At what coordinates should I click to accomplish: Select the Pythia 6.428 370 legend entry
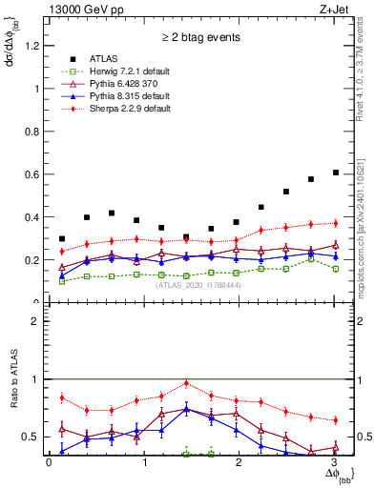coord(115,84)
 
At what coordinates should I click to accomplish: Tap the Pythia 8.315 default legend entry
coord(117,97)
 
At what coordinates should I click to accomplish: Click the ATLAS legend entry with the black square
coord(95,57)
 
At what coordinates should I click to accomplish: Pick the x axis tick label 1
coord(145,463)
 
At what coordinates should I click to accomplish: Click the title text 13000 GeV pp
coord(80,10)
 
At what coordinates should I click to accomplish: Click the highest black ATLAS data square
coord(335,173)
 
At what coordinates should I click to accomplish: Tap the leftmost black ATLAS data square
coord(62,239)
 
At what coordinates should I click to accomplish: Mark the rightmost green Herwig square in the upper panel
coord(335,269)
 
